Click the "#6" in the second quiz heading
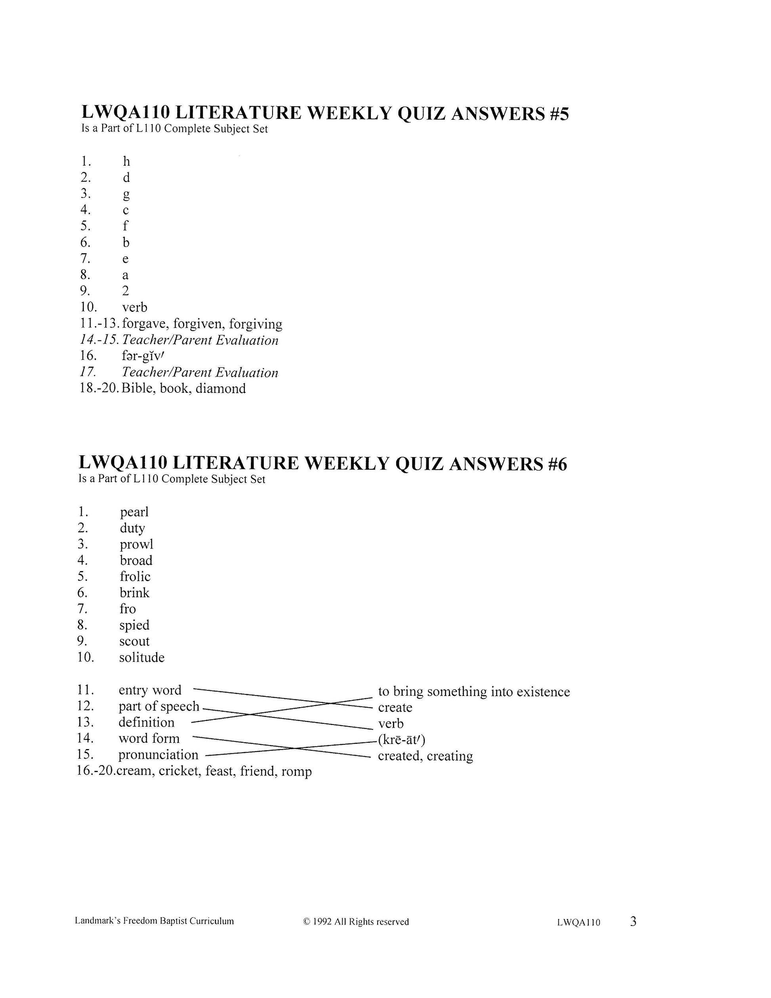click(557, 464)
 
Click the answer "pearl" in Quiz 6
click(134, 512)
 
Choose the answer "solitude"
click(141, 658)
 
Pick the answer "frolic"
click(135, 577)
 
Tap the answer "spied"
click(134, 625)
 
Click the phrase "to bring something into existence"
click(473, 692)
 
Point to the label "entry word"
click(150, 690)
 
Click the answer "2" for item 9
click(126, 291)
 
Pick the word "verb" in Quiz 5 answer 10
click(135, 307)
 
